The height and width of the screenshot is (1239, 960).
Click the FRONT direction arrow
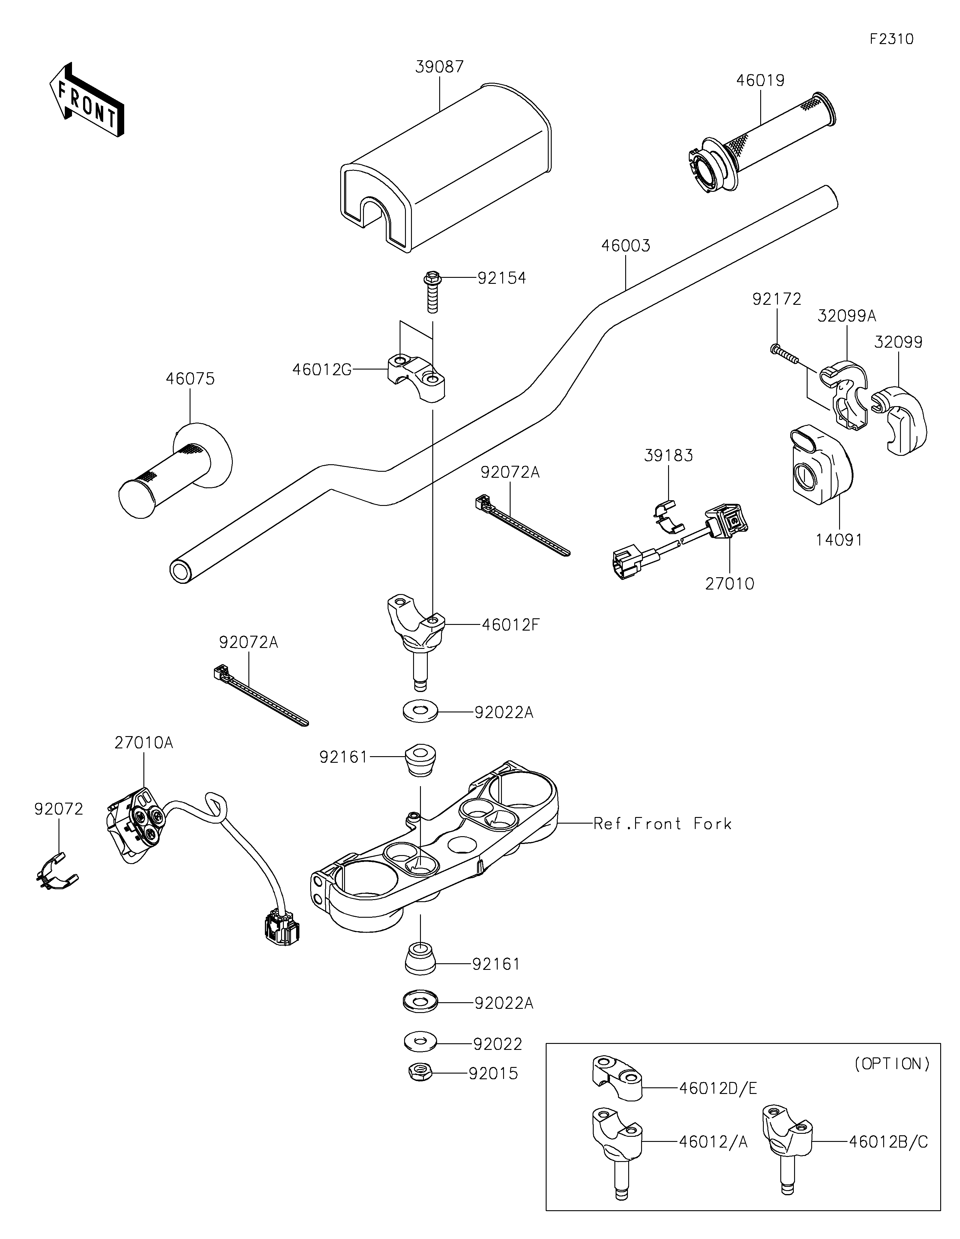87,99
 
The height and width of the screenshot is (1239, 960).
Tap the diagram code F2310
891,39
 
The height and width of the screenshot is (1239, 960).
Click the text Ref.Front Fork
662,824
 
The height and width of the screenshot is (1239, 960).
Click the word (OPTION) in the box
891,1064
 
